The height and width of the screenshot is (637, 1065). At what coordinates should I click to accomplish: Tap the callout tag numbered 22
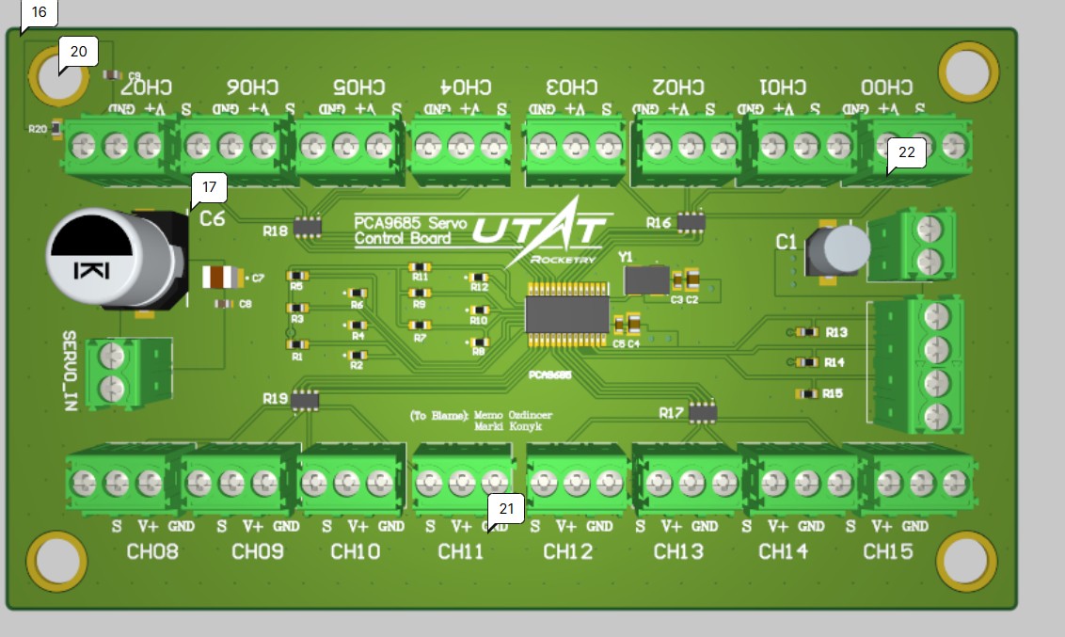coord(907,151)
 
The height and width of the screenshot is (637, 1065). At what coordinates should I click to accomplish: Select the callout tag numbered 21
coord(507,510)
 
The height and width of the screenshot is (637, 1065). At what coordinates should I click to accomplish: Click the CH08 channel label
coord(152,551)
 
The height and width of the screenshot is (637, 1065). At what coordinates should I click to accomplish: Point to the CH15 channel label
coord(887,551)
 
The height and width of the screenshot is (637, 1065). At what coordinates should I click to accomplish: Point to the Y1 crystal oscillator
coord(645,279)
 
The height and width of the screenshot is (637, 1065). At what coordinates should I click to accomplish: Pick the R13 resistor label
coord(836,332)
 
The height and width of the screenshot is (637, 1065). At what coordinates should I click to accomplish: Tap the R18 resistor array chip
coord(307,226)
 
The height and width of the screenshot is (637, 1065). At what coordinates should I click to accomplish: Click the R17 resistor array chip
coord(702,412)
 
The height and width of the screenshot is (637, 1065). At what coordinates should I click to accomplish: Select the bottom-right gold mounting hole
coord(966,562)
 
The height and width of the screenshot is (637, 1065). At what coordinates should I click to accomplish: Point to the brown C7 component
coord(223,278)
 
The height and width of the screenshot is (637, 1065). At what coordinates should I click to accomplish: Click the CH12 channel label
coord(568,551)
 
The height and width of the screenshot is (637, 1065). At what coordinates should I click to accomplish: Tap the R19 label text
coord(276,399)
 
